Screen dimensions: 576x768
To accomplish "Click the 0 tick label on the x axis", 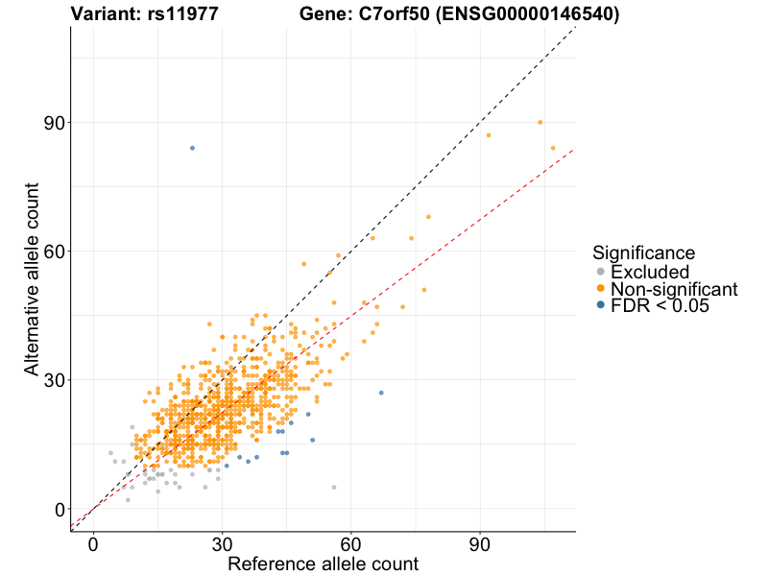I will [93, 542].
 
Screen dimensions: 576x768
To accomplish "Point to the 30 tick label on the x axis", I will [223, 542].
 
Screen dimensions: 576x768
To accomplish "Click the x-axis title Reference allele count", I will [323, 564].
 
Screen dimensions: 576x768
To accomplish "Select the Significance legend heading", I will [643, 253].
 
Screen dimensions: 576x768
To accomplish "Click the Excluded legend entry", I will [650, 272].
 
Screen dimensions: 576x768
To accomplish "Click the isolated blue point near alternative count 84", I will [192, 148].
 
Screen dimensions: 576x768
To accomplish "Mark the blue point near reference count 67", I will [381, 393].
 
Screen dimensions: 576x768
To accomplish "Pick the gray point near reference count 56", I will [334, 488].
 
